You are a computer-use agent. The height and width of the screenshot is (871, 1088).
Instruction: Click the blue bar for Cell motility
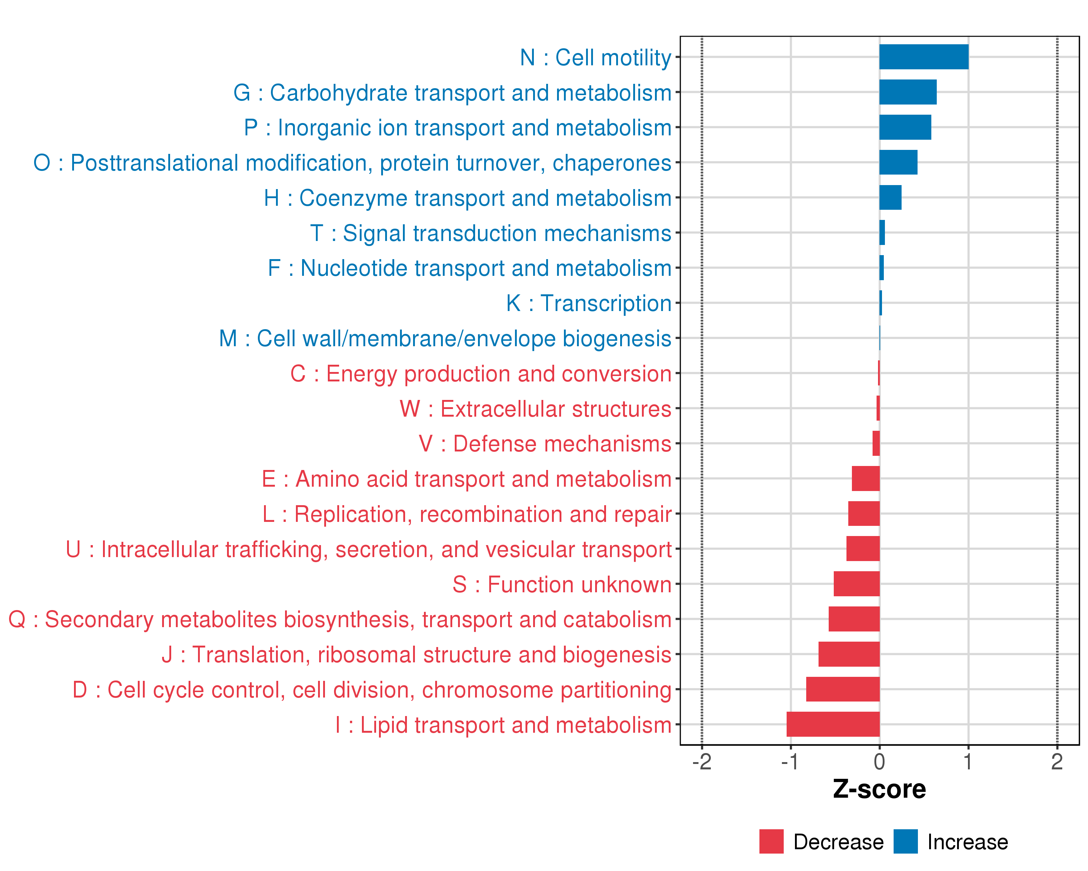(x=923, y=57)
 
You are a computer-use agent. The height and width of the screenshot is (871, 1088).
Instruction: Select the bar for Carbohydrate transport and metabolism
(x=907, y=92)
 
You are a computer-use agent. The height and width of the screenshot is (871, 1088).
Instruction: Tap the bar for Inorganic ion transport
(x=905, y=127)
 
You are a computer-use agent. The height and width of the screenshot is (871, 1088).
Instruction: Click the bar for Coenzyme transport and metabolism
(x=890, y=197)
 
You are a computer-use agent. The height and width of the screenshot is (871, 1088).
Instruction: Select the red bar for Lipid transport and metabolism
(x=833, y=724)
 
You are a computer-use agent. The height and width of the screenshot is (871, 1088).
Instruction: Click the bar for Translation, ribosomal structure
(x=849, y=654)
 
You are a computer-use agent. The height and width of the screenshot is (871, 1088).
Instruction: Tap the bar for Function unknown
(x=856, y=584)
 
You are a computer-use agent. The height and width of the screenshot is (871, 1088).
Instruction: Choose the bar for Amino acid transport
(x=865, y=478)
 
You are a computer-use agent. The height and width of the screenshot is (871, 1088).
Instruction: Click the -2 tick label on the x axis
(x=701, y=762)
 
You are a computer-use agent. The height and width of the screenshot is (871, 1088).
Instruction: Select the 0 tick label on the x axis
(x=879, y=762)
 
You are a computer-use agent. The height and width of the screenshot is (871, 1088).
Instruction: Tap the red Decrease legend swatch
(x=771, y=842)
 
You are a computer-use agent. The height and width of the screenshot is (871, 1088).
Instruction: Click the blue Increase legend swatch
(x=905, y=842)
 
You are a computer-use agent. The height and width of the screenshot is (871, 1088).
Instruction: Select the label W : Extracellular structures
(x=535, y=409)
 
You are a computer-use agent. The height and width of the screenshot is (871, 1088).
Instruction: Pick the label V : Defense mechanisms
(x=545, y=444)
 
